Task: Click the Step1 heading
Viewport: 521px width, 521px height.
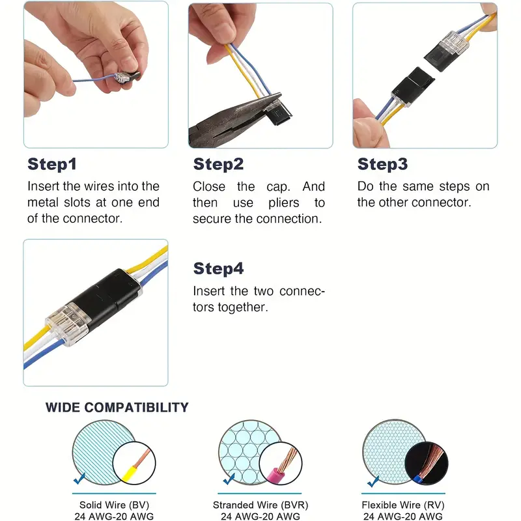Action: [x=52, y=164]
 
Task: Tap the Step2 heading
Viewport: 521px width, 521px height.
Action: [x=218, y=164]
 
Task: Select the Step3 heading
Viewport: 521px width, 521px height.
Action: [x=382, y=164]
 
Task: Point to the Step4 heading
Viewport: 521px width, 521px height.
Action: [x=218, y=268]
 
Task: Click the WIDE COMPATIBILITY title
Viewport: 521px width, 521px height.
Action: [x=117, y=408]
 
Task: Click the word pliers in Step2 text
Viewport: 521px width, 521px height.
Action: [x=284, y=203]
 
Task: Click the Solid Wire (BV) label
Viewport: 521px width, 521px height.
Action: [x=114, y=505]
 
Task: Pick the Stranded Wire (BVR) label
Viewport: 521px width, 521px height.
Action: [x=260, y=505]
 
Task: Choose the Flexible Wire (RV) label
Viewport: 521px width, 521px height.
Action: [x=403, y=505]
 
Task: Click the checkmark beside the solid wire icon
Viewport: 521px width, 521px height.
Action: [x=79, y=479]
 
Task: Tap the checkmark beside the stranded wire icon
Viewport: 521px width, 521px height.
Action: [x=229, y=479]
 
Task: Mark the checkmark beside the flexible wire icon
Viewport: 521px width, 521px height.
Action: [x=373, y=481]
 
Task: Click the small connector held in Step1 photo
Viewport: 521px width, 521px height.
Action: [x=126, y=77]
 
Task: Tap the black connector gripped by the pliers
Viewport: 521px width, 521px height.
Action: [x=277, y=112]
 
